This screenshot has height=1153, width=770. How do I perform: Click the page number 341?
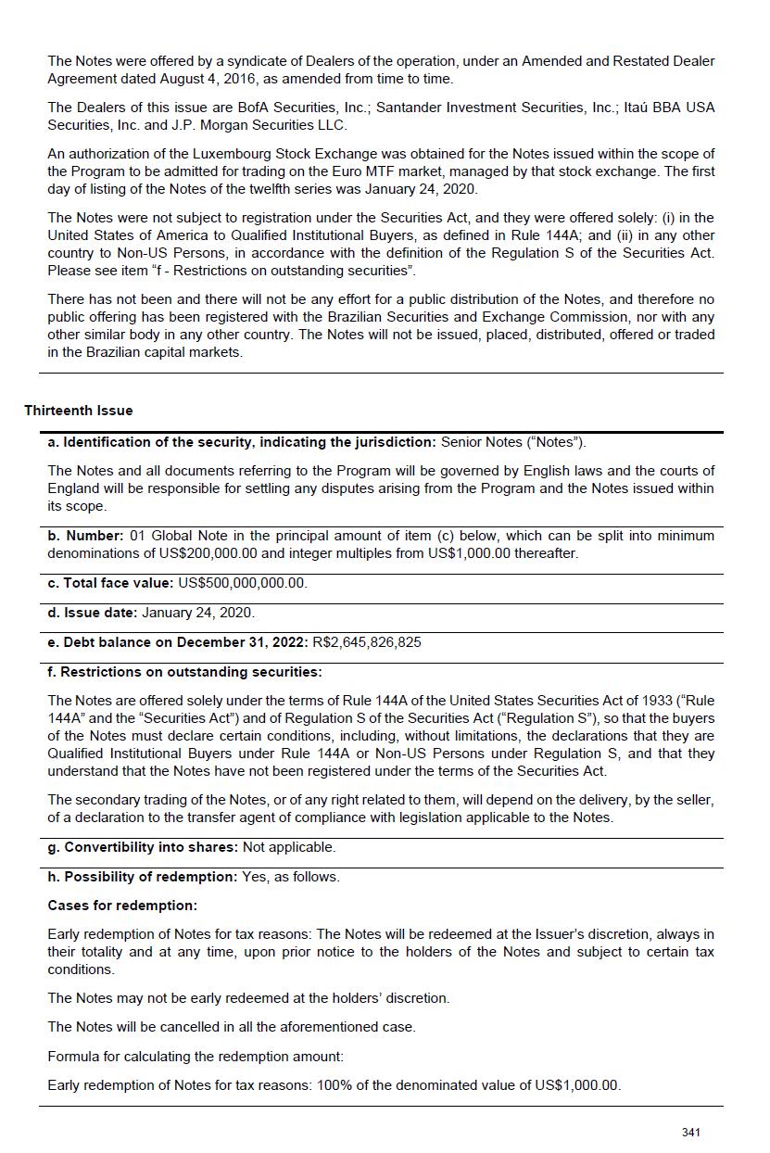(x=690, y=1132)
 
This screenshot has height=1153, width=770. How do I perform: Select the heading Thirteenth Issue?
(x=79, y=411)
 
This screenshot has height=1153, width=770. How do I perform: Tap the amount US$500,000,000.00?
(x=242, y=583)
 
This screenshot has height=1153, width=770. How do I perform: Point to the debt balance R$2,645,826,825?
(x=367, y=642)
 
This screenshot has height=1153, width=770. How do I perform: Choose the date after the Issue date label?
(x=197, y=613)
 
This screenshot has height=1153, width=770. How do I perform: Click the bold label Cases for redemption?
(x=122, y=905)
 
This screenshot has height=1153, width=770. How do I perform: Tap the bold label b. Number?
(x=85, y=536)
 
